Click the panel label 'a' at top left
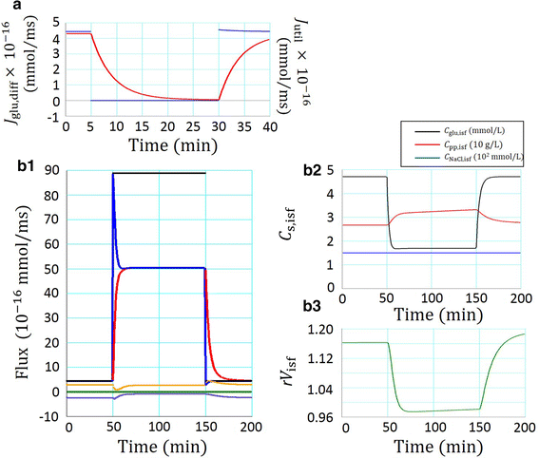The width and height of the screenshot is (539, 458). (x=6, y=8)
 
